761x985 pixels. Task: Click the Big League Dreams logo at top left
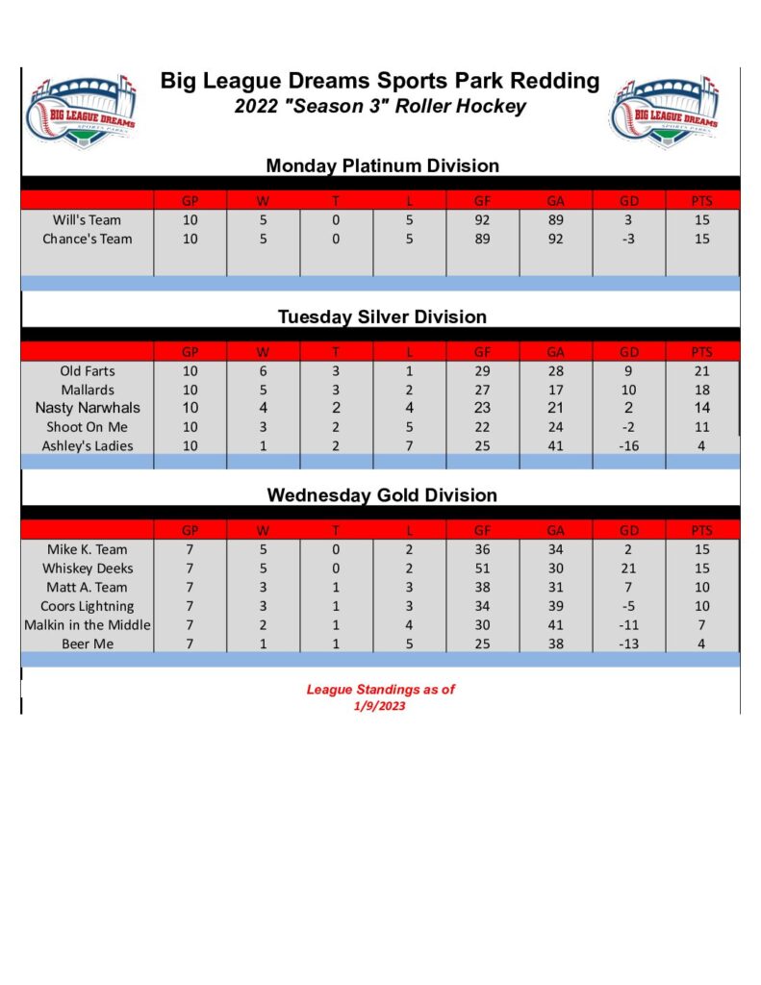83,108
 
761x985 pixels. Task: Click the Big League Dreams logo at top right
665,108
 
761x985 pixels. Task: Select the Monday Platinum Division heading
382,165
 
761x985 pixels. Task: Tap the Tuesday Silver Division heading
382,316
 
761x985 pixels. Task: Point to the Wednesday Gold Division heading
382,495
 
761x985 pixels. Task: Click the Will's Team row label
87,220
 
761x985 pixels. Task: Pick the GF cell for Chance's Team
482,239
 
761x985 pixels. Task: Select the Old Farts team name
87,370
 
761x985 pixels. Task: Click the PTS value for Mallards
701,390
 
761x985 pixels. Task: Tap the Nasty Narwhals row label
87,408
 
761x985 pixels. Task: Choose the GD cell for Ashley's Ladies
628,445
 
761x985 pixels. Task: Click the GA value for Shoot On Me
555,426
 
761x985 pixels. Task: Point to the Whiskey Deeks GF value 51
482,568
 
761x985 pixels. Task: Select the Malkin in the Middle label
87,625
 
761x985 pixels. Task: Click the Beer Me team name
87,644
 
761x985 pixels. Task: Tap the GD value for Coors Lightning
628,606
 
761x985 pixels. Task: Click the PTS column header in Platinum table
701,201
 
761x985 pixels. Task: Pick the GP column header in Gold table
190,530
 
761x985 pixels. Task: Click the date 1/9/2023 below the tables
380,706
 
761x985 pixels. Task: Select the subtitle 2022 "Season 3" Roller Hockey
380,106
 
